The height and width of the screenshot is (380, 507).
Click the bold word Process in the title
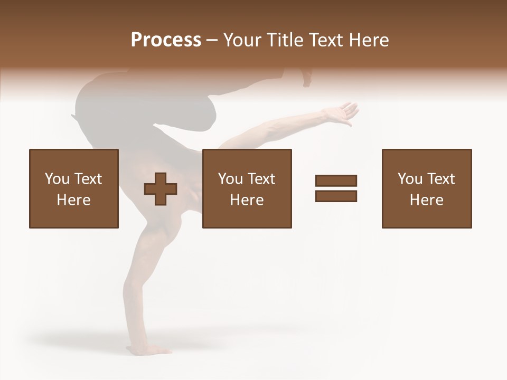(166, 40)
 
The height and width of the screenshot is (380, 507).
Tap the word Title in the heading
(286, 40)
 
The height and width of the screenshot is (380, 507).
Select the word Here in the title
(368, 40)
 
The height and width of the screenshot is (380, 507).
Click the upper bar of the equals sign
(336, 180)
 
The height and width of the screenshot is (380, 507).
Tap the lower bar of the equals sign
(336, 196)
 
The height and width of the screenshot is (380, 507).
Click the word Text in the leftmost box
(88, 179)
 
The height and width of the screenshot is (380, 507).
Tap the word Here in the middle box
(247, 200)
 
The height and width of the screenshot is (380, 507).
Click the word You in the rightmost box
(410, 179)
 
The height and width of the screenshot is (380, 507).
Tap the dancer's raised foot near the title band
(307, 78)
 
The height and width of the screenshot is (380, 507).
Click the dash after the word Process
(212, 41)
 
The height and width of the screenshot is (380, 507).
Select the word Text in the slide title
(326, 40)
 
